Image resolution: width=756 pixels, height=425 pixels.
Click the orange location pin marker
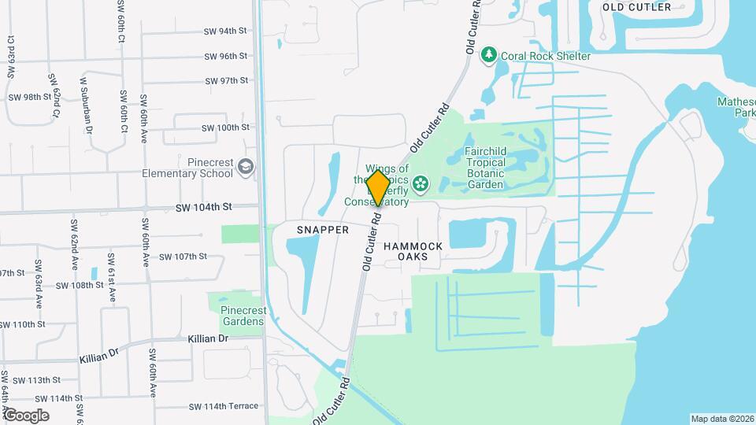click(x=378, y=187)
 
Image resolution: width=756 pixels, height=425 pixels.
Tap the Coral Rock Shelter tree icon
click(x=490, y=55)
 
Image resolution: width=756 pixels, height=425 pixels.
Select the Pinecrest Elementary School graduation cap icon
click(x=246, y=167)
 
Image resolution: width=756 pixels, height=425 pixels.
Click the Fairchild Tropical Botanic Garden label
click(x=496, y=168)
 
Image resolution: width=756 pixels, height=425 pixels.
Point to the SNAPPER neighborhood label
click(x=322, y=230)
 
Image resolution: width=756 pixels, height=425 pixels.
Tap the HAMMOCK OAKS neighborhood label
click(x=413, y=251)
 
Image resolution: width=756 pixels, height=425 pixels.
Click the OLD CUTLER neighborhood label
click(x=636, y=7)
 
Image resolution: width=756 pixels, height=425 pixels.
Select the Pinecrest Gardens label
click(x=242, y=316)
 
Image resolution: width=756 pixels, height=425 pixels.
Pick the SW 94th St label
click(x=226, y=31)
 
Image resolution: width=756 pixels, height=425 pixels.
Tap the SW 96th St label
click(x=226, y=56)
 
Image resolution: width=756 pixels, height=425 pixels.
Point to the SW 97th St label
click(x=226, y=80)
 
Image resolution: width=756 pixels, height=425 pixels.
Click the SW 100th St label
click(x=224, y=127)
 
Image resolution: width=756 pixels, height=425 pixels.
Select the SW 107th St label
click(x=183, y=256)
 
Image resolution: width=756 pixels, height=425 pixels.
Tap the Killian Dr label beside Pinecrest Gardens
click(x=208, y=338)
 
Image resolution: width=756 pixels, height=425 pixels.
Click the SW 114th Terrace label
click(x=223, y=406)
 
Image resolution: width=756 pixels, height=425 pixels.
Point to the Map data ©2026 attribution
click(x=721, y=419)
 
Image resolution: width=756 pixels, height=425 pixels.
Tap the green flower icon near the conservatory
click(x=422, y=184)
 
